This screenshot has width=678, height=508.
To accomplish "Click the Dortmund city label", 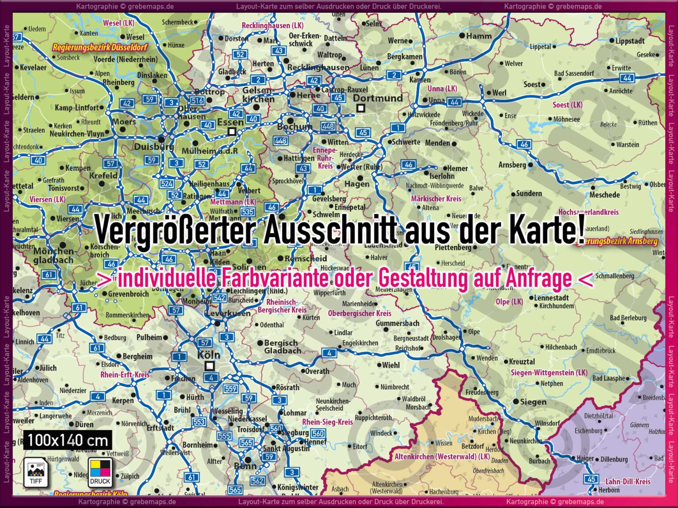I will [x=378, y=98].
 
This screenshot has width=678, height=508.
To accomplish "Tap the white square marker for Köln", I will [x=210, y=366].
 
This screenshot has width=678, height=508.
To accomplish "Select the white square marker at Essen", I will [x=232, y=131].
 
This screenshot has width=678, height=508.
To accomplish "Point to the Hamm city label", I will [x=478, y=36].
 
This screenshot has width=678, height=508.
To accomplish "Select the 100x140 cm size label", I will [x=68, y=440].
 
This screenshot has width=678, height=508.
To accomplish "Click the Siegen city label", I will [x=533, y=402].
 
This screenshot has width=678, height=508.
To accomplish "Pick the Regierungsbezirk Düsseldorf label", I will [x=100, y=47].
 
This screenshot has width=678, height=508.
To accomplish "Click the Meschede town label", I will [x=604, y=195].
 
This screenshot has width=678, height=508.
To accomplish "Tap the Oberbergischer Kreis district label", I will [x=359, y=314].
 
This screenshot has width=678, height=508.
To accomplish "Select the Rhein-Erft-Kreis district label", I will [x=125, y=375].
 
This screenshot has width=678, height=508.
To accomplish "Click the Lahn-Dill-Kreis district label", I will [x=628, y=482].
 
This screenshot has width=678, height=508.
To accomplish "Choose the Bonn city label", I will [x=245, y=466].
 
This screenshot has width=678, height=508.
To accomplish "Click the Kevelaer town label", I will [x=33, y=67].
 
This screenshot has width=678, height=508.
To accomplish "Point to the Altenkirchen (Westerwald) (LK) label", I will [x=442, y=456].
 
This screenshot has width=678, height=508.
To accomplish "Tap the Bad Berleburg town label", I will [x=628, y=317].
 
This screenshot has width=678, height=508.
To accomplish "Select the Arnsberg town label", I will [x=512, y=165].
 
